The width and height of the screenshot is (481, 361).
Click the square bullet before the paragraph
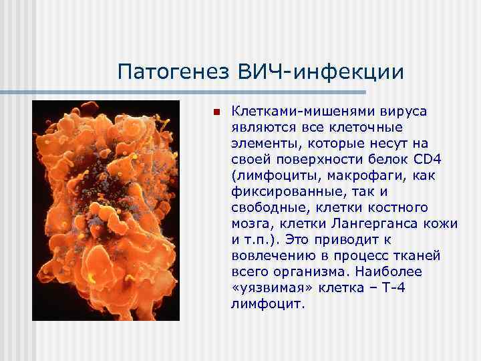(x=216, y=111)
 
